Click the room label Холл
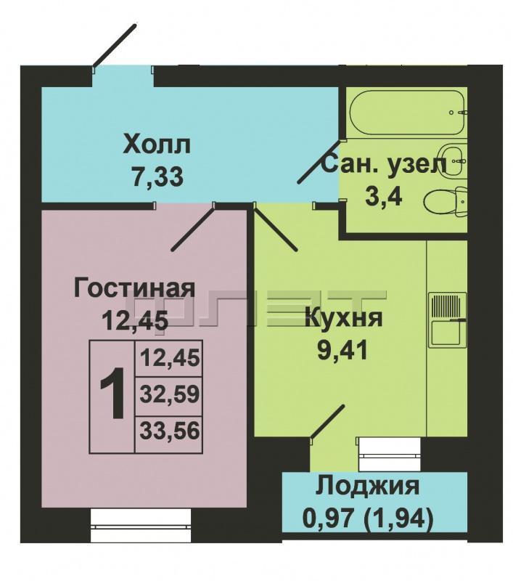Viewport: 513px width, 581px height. point(157,145)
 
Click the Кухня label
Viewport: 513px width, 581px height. point(343,318)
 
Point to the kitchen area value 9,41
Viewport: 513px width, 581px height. point(342,350)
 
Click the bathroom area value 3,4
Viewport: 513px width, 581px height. point(383,196)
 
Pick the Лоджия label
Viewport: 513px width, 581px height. point(367,487)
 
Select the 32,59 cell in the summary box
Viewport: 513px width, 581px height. point(169,395)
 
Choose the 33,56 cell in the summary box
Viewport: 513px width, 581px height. point(169,433)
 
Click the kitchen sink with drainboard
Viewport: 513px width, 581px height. point(448,320)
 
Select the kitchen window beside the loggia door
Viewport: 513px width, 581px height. point(388,453)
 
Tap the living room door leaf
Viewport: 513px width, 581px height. point(193,227)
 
